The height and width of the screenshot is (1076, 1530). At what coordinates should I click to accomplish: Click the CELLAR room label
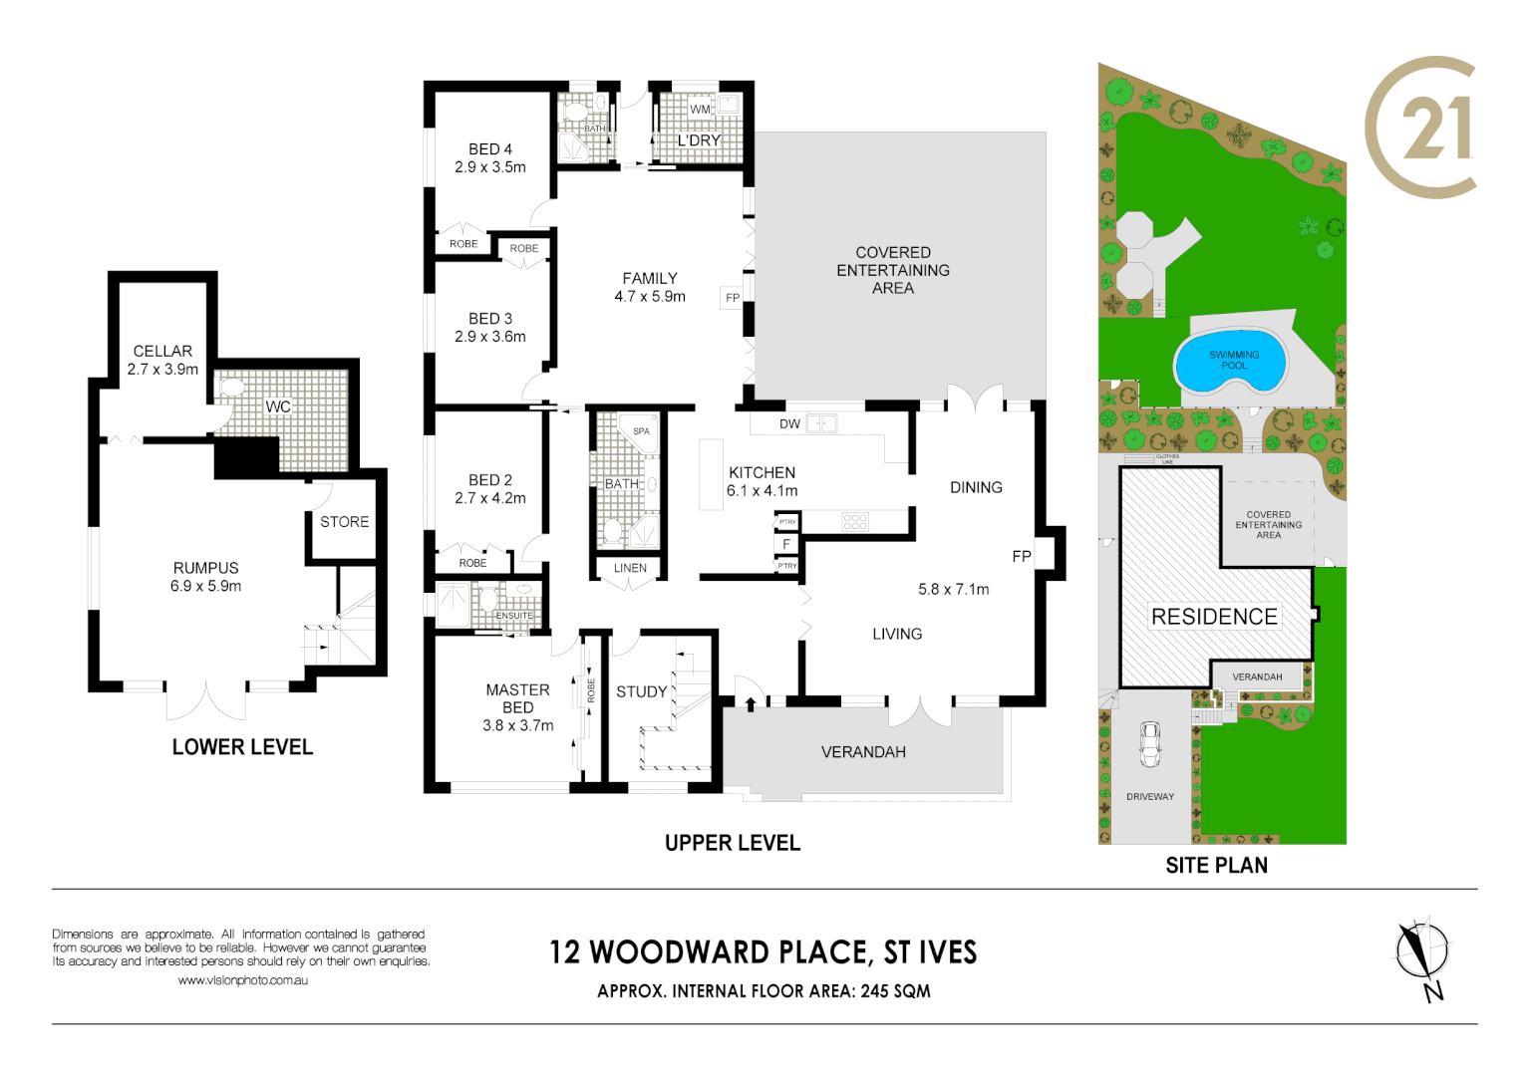[x=162, y=351]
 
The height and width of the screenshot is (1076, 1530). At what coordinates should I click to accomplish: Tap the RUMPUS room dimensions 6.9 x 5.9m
[x=205, y=586]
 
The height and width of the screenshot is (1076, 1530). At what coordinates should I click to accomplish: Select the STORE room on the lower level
[x=344, y=522]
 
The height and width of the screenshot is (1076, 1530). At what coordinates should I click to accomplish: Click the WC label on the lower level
[x=278, y=406]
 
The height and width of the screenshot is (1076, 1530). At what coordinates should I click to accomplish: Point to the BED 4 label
[x=489, y=149]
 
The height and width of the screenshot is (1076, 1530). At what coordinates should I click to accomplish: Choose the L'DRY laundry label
[x=698, y=140]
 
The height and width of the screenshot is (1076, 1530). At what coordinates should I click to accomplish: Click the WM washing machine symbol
[x=701, y=109]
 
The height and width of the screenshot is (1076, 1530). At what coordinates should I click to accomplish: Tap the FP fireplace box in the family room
[x=733, y=297]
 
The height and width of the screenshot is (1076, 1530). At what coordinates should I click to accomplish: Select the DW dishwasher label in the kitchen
[x=789, y=424]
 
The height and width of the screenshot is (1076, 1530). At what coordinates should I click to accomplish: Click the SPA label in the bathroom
[x=641, y=431]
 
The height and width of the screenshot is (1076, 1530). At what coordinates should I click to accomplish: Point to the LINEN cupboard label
[x=630, y=568]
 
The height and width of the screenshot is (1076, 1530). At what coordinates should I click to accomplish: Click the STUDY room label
[x=641, y=691]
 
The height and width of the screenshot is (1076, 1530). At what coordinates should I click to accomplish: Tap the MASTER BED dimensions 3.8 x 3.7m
[x=517, y=725]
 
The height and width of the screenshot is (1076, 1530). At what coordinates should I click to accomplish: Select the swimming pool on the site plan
[x=1233, y=361]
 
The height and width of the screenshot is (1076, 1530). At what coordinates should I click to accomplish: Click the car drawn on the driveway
[x=1150, y=743]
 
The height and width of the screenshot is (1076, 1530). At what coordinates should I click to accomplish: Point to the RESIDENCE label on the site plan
[x=1213, y=617]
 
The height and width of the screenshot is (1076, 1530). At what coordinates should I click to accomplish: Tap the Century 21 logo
[x=1420, y=128]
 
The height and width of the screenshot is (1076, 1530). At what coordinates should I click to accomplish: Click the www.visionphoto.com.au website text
[x=242, y=980]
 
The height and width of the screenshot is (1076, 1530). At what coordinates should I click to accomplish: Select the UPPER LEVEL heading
[x=732, y=843]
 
